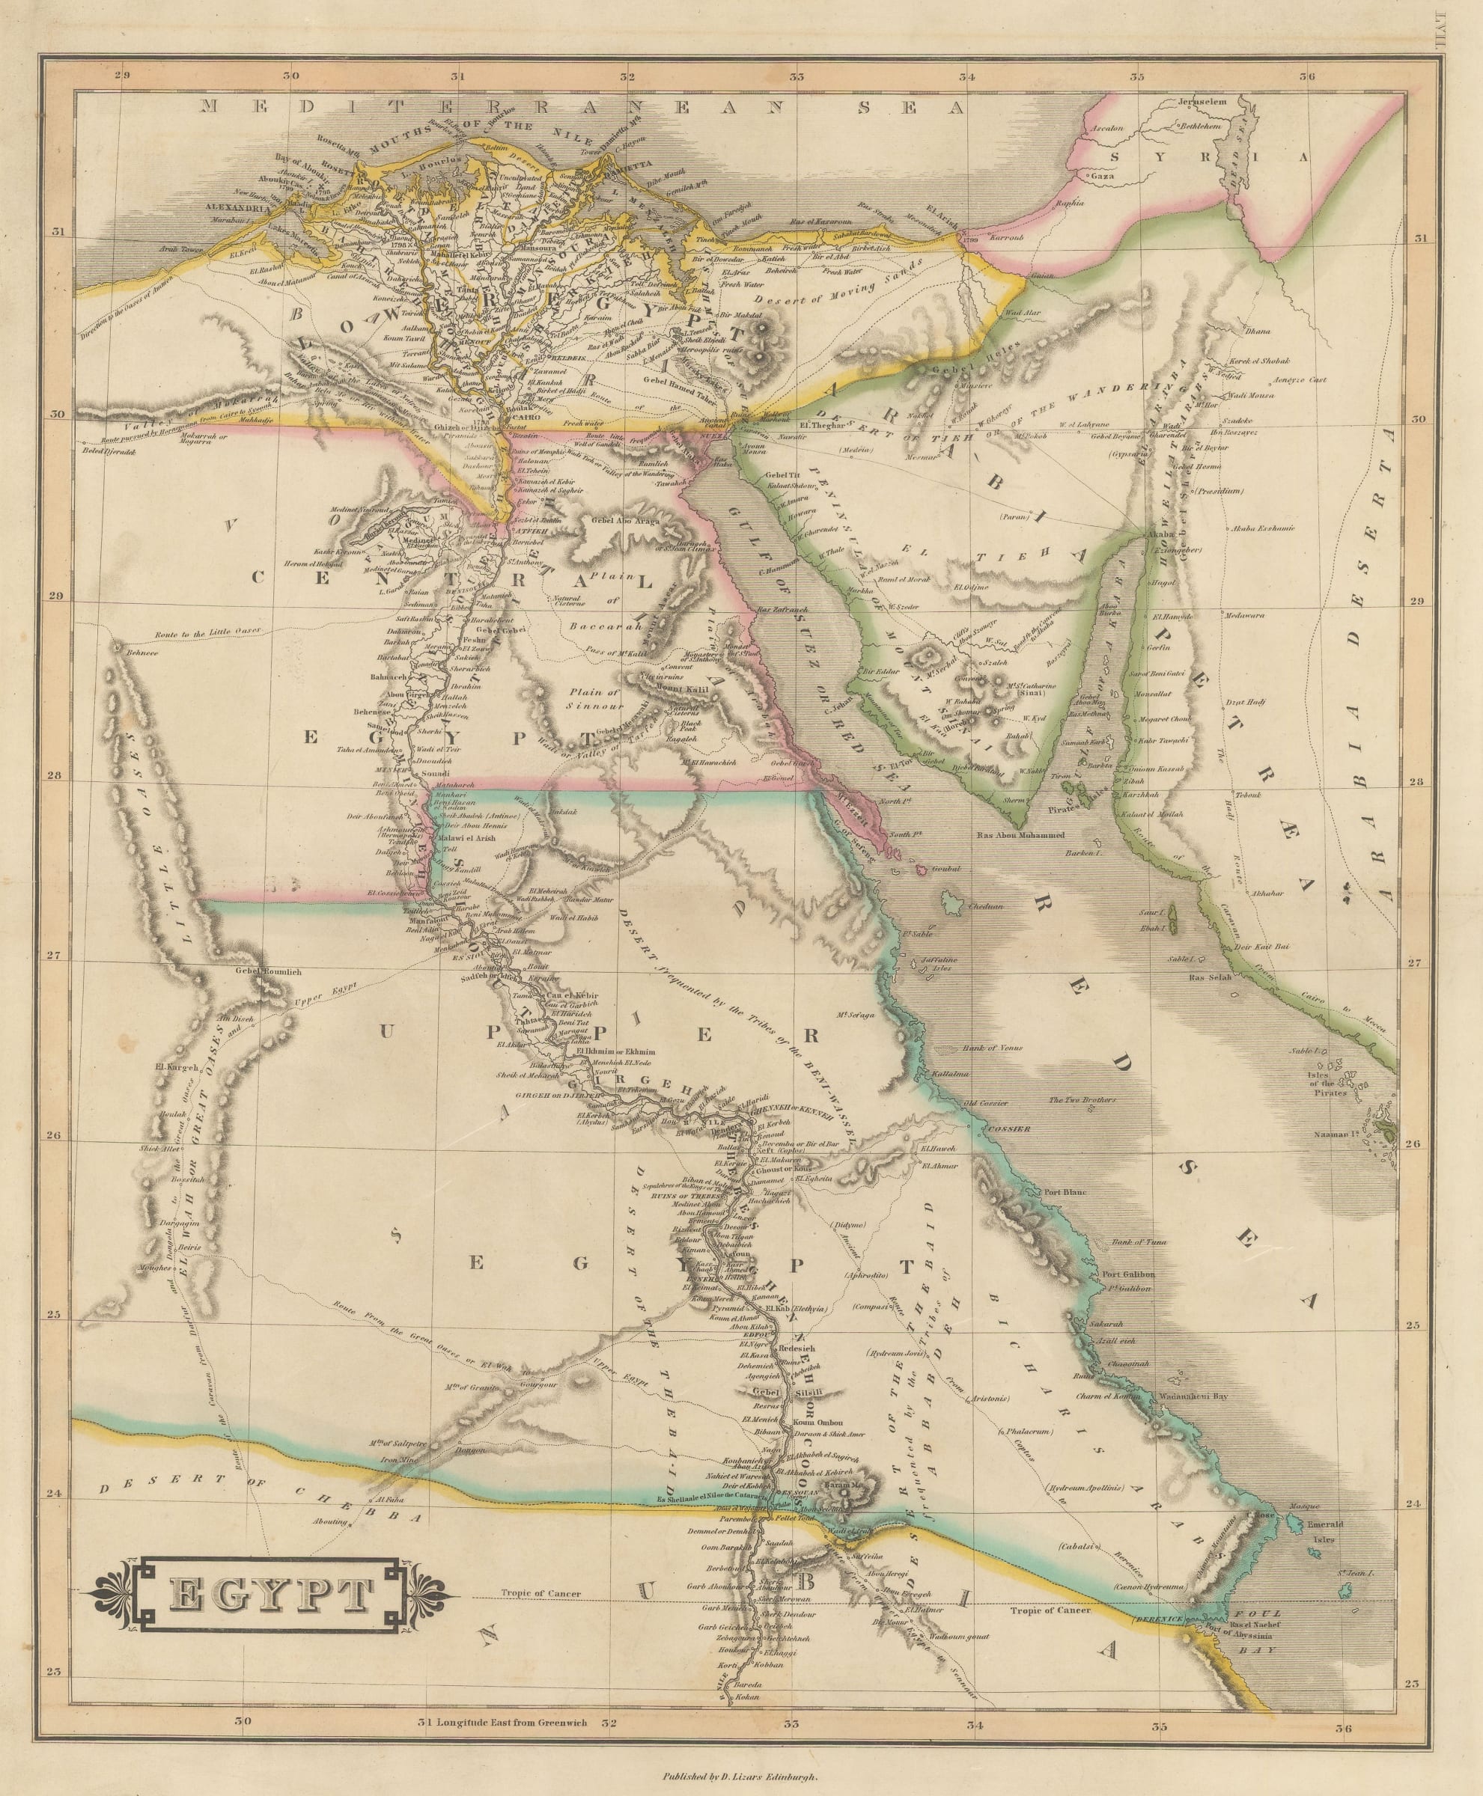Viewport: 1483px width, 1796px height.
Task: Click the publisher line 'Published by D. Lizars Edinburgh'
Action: click(x=740, y=1774)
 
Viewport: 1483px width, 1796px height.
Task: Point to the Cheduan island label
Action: click(x=986, y=907)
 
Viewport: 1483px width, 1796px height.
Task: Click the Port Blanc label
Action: click(x=1064, y=1192)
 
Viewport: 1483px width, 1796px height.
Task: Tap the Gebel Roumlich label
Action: click(x=270, y=971)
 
